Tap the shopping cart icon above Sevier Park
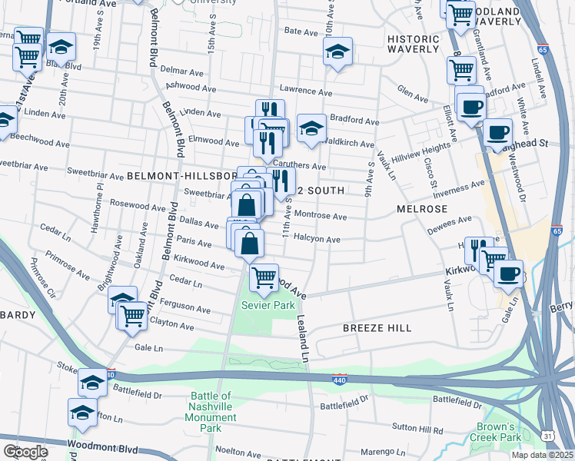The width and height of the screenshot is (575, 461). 264,277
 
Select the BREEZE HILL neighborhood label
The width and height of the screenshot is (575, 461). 377,328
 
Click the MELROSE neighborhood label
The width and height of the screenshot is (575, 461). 422,209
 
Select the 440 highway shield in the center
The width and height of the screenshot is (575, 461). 340,380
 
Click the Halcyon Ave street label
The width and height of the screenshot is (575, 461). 317,239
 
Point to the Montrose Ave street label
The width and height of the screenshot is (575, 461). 321,217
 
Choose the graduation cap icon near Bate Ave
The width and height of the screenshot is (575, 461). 337,51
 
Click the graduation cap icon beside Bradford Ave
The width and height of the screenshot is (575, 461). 311,128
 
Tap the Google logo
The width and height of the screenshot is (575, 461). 25,451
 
